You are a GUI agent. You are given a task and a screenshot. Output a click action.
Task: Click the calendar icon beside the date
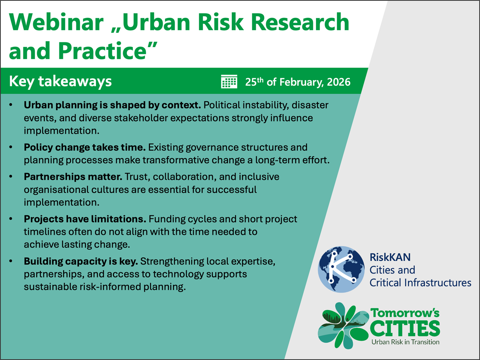[229, 81]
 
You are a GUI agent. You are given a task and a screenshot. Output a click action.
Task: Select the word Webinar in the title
[56, 22]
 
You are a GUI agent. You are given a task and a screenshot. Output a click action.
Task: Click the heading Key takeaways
[60, 81]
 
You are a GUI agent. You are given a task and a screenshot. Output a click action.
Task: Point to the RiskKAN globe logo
[341, 269]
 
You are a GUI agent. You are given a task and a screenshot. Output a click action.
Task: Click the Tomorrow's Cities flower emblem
[343, 326]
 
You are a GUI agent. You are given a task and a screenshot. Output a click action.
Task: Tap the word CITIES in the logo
[405, 328]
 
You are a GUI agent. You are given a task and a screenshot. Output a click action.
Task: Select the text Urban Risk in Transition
[405, 342]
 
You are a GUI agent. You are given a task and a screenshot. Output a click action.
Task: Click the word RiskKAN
[390, 257]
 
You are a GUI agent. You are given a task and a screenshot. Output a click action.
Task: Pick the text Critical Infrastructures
[420, 283]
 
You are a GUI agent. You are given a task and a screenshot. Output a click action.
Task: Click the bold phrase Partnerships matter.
[73, 177]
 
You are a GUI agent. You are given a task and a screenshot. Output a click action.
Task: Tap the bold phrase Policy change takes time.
[85, 147]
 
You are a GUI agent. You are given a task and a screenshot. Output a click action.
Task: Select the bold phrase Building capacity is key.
[81, 262]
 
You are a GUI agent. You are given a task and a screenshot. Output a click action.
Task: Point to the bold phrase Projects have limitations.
[85, 219]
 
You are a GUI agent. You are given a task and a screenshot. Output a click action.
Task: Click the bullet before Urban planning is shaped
[11, 105]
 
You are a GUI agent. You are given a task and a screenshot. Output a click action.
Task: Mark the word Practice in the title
[102, 51]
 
